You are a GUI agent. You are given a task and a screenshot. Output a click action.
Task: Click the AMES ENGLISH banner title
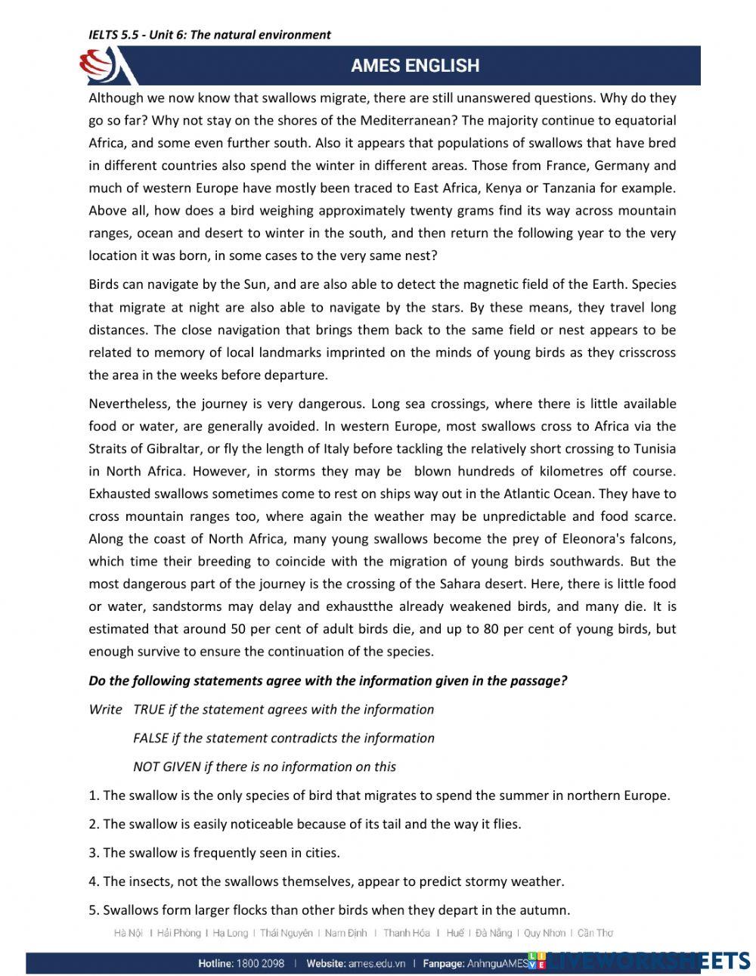(x=414, y=66)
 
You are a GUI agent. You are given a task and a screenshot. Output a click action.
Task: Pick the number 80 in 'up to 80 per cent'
(x=491, y=628)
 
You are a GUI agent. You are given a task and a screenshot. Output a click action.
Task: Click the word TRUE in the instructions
(x=150, y=709)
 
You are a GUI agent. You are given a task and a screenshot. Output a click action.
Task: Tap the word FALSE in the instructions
(x=150, y=738)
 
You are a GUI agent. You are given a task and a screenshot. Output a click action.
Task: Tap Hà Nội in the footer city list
(x=128, y=933)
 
